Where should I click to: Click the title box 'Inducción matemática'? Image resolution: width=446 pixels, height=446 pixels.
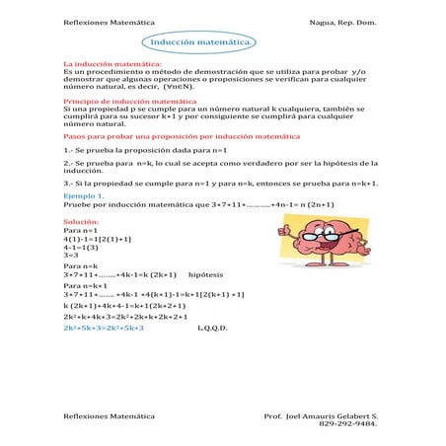click(x=203, y=42)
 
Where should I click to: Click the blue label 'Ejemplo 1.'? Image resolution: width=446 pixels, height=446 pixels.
click(x=85, y=196)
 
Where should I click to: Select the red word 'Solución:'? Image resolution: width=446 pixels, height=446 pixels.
click(x=81, y=223)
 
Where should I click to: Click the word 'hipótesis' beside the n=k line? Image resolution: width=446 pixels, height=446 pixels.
click(x=205, y=274)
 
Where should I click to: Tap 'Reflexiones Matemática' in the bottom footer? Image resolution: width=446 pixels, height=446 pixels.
click(x=109, y=416)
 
